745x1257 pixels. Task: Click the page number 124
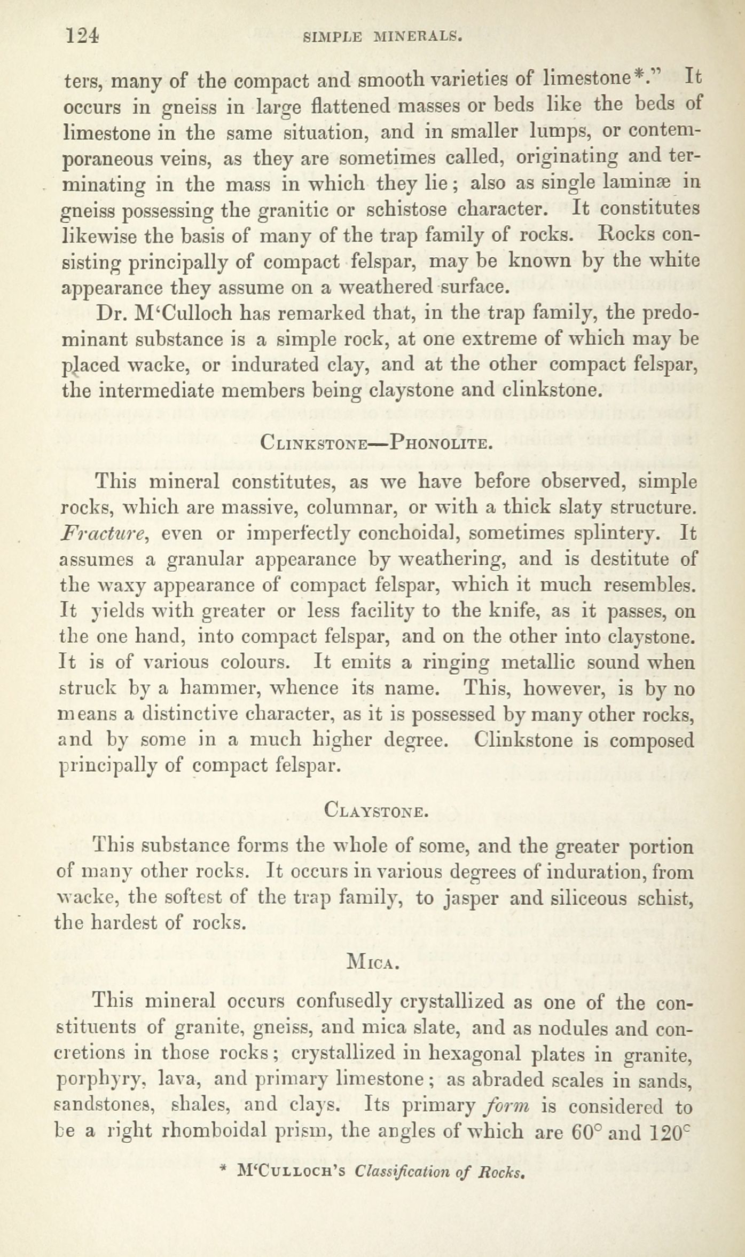[x=81, y=36]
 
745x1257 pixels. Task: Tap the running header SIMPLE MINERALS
[x=381, y=37]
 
